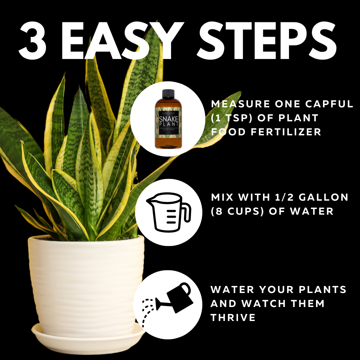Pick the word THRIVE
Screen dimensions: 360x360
tap(233, 317)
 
